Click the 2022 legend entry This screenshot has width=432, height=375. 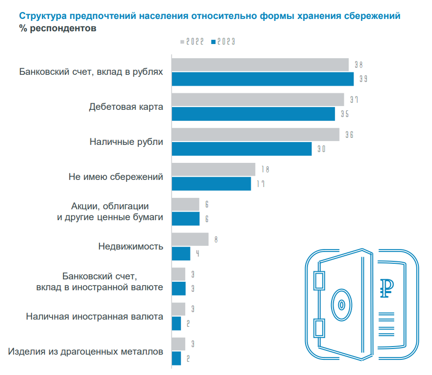click(192, 42)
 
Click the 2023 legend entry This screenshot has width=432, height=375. click(223, 42)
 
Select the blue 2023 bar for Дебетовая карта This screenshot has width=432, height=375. click(253, 114)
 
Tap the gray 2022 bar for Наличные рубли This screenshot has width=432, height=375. click(255, 134)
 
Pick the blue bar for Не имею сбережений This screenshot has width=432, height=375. click(211, 184)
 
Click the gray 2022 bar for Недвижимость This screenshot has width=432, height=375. click(190, 240)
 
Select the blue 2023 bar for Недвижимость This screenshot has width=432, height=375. click(181, 254)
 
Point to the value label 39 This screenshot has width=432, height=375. click(363, 79)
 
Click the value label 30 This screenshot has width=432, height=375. click(321, 149)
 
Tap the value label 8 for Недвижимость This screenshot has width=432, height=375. click(216, 240)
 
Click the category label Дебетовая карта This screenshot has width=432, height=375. click(126, 107)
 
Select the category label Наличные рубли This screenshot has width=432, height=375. click(126, 142)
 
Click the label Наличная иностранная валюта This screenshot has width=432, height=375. click(95, 316)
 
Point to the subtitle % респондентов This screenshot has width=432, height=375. click(58, 28)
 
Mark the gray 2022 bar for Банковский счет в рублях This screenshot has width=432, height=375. click(260, 65)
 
